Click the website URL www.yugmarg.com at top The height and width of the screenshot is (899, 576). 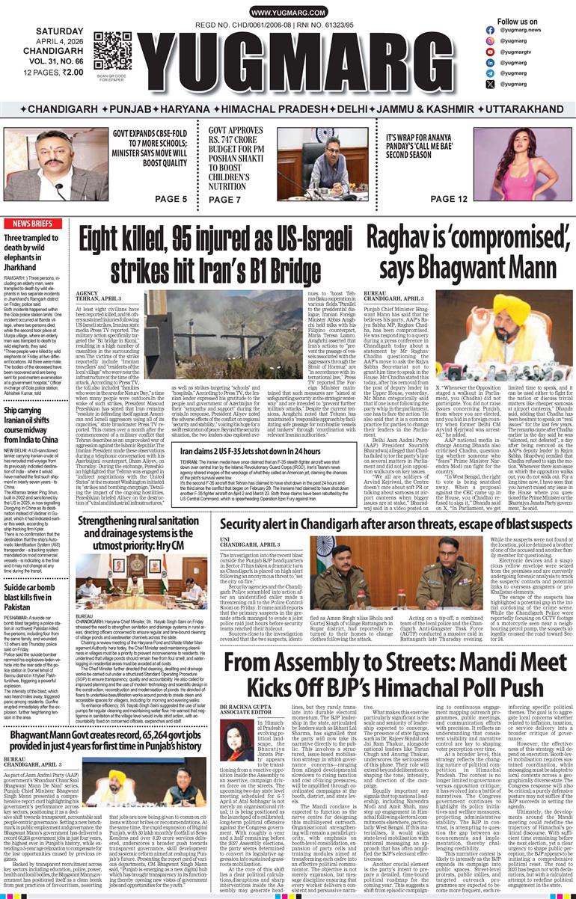pyautogui.click(x=287, y=13)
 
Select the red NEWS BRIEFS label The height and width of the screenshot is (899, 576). pyautogui.click(x=32, y=224)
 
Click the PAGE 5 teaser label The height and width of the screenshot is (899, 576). pyautogui.click(x=171, y=199)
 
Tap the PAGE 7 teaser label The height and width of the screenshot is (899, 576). pyautogui.click(x=225, y=200)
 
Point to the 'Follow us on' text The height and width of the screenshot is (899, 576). pyautogui.click(x=517, y=22)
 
